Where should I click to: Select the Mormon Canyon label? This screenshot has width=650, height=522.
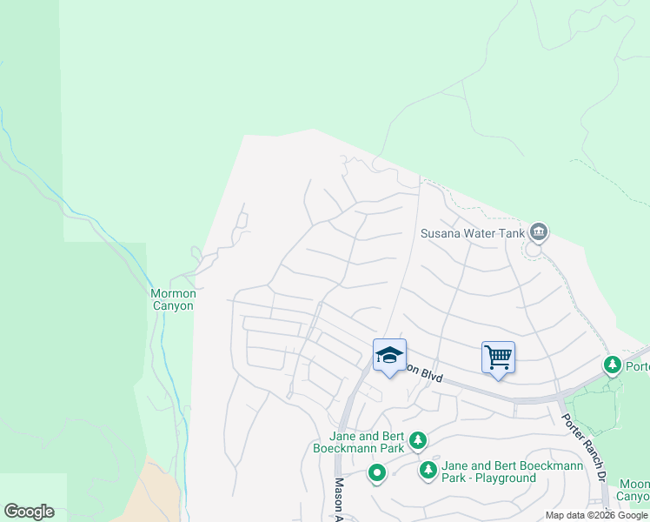pos(174,299)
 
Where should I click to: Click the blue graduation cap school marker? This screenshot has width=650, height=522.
pos(389,355)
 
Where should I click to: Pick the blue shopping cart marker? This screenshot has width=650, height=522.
pos(498,357)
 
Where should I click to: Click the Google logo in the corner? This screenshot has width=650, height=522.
pos(29,512)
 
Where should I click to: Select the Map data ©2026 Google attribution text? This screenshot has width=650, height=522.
pos(596,515)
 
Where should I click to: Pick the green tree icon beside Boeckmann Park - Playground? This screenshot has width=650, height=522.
pos(428,471)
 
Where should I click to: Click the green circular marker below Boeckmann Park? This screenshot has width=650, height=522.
pos(376,474)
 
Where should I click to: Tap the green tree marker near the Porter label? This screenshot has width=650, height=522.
pos(613,365)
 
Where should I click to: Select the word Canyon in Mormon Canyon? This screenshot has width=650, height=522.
pos(174,305)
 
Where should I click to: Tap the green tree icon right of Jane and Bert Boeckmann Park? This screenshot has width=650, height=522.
pos(418,441)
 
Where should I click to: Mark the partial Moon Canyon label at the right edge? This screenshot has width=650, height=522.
pos(634,490)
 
